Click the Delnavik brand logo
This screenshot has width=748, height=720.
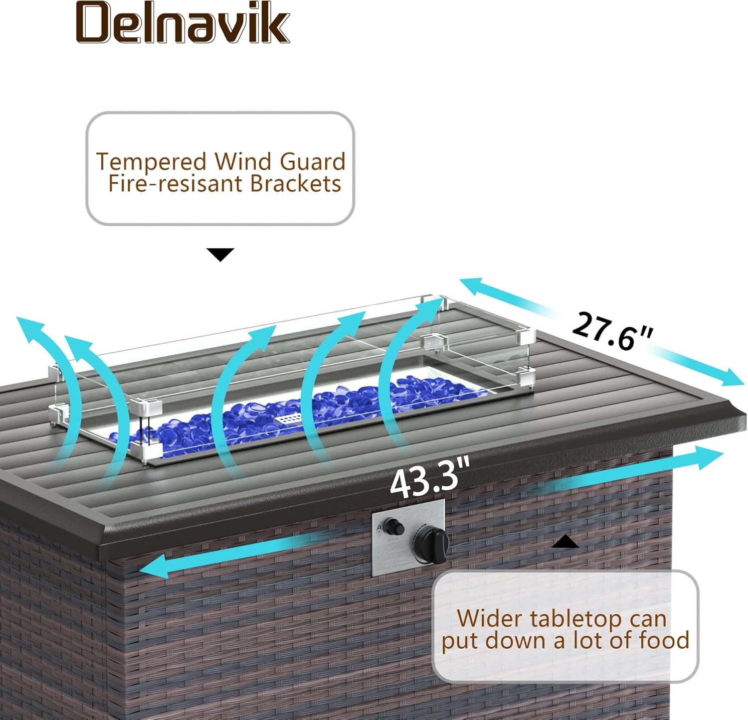[x=183, y=23]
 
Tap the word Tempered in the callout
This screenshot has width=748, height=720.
[x=151, y=162]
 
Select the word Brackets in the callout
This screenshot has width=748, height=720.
[x=295, y=183]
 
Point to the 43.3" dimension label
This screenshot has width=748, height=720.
[x=430, y=479]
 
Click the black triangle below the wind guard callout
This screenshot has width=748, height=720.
[x=220, y=254]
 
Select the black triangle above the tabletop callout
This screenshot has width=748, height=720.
[x=565, y=542]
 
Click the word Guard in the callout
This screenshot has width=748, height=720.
[x=313, y=162]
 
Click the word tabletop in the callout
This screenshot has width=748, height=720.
[x=568, y=619]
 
